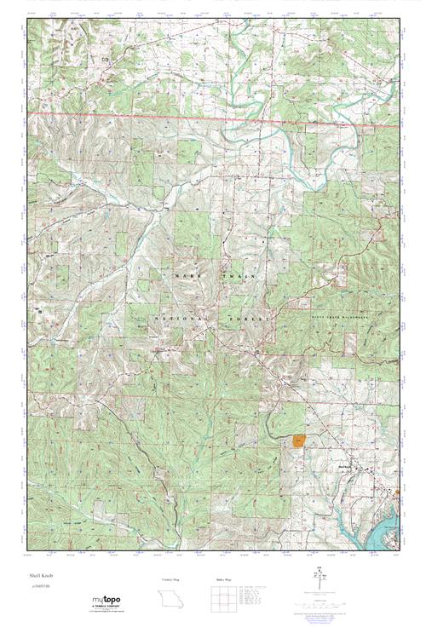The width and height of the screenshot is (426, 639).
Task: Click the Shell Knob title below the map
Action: pos(40,577)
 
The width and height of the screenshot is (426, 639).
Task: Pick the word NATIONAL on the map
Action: pos(179,317)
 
